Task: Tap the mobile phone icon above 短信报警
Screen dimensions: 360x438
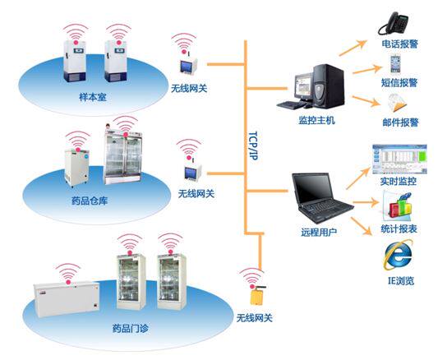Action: point(399,62)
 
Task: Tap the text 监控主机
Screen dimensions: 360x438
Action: point(316,120)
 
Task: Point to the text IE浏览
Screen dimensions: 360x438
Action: point(398,281)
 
